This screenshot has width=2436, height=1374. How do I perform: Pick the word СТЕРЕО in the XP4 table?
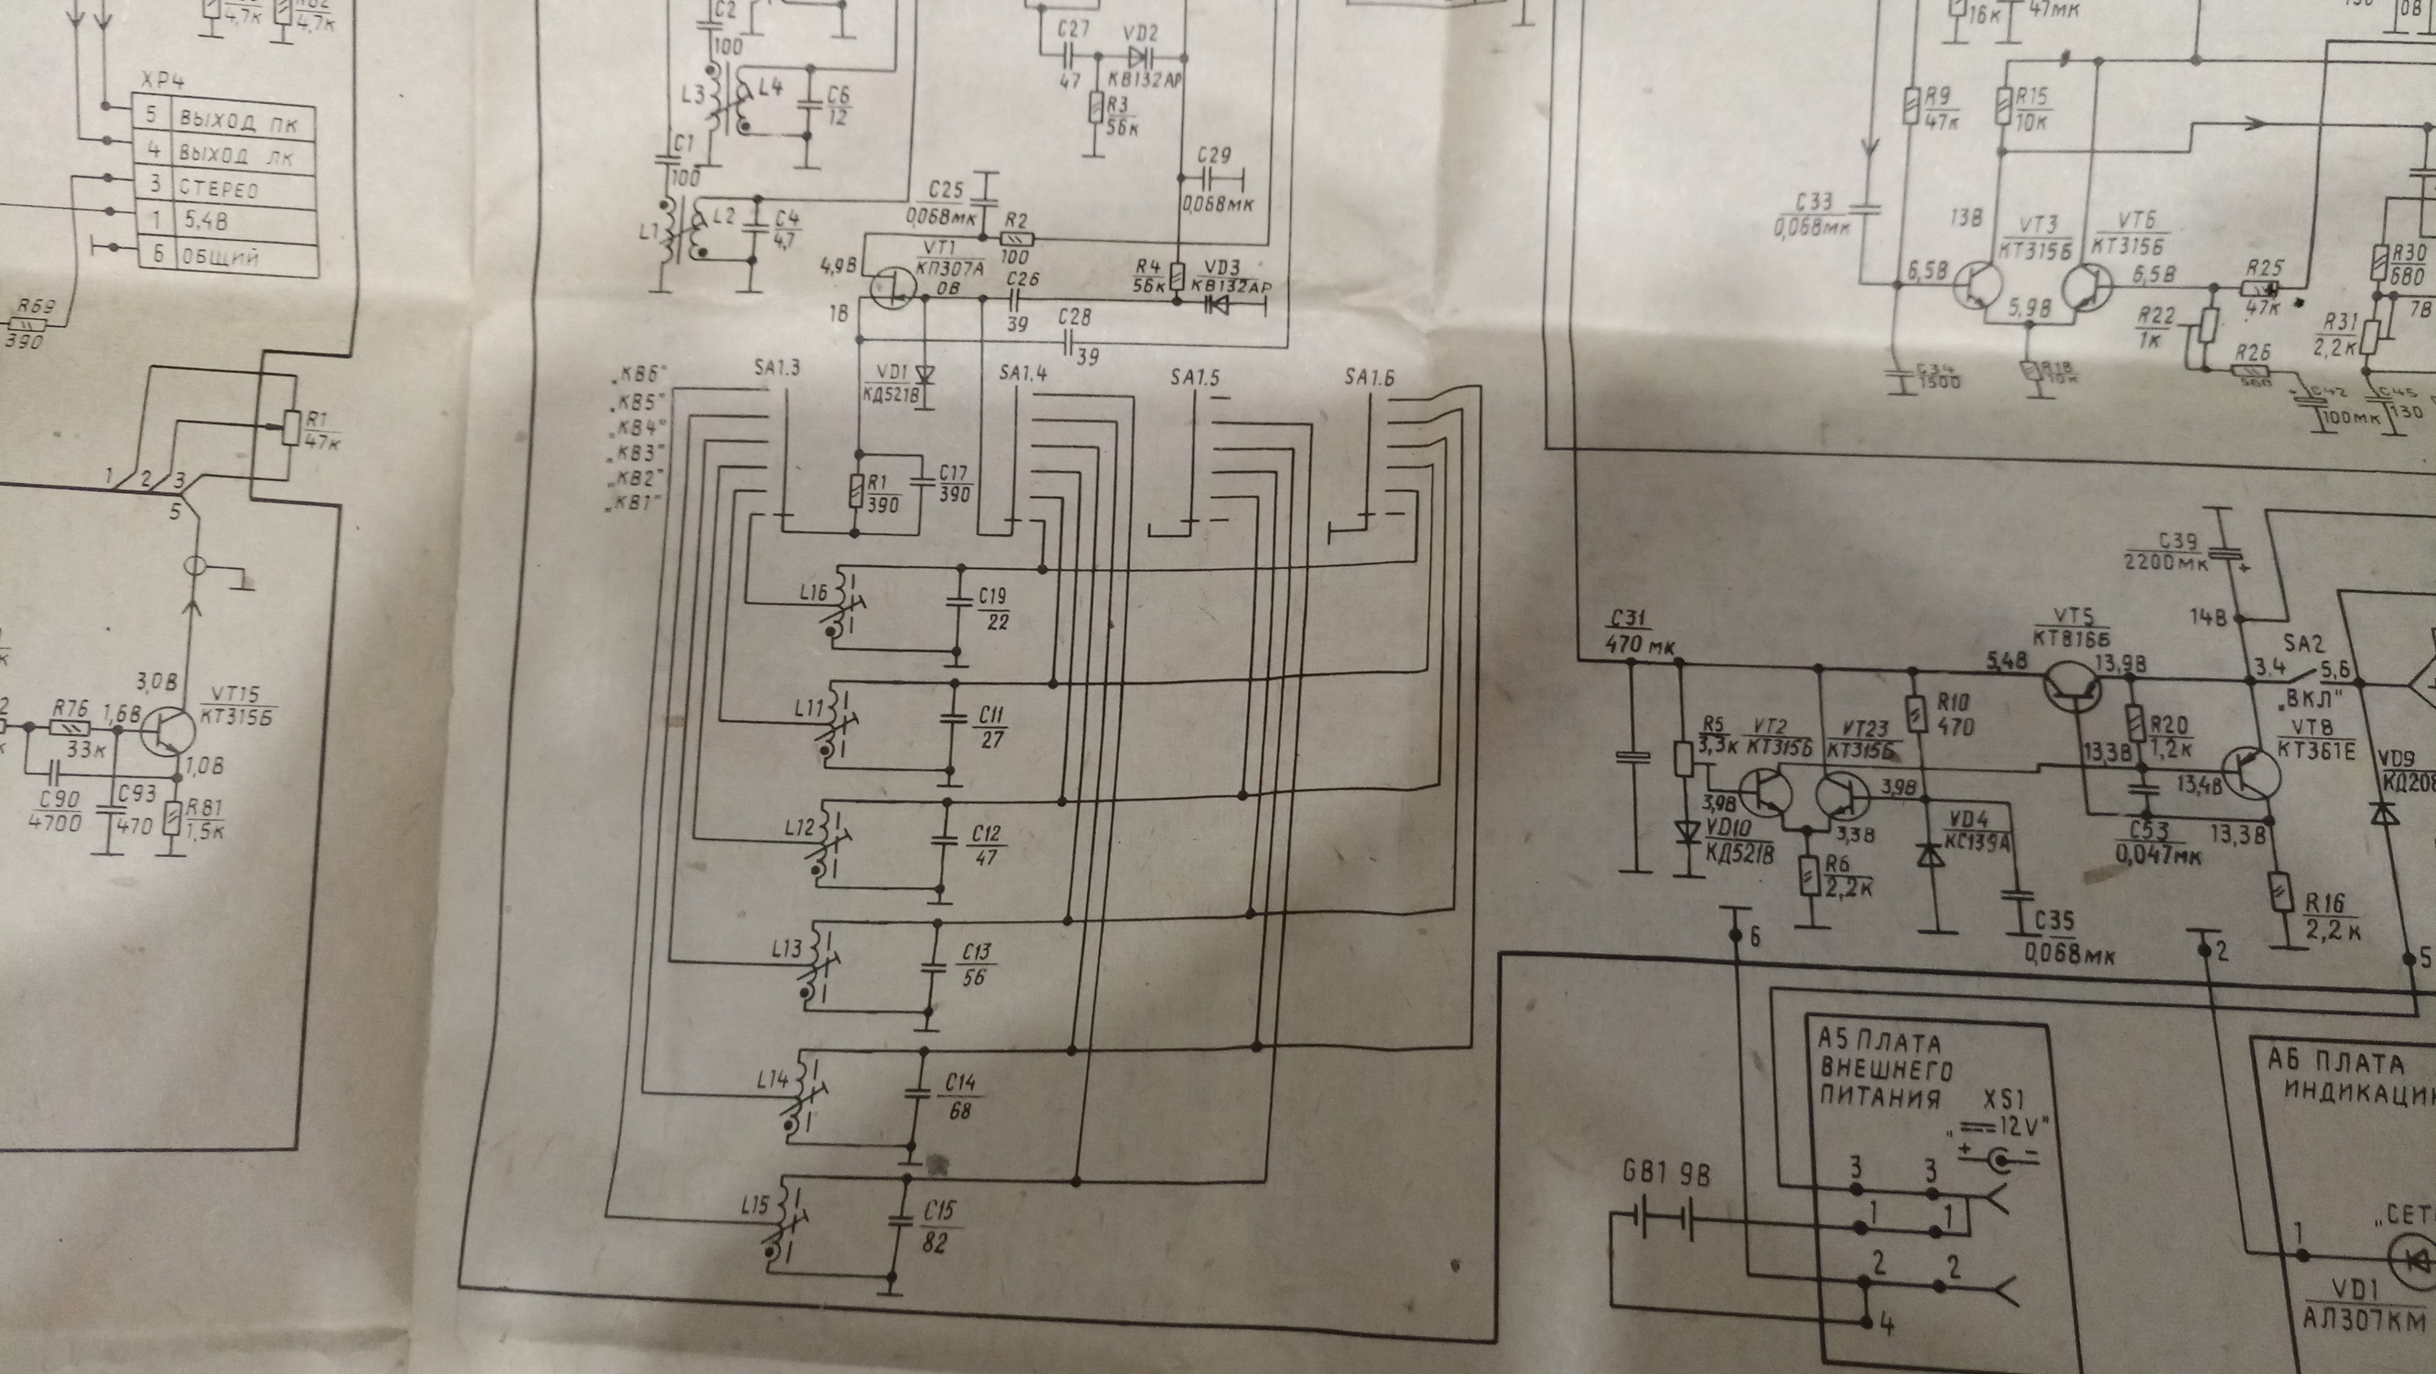click(219, 188)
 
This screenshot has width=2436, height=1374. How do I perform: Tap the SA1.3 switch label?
click(777, 367)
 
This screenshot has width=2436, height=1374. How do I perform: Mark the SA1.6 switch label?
click(1369, 378)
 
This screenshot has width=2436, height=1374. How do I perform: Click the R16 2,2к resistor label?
click(2328, 915)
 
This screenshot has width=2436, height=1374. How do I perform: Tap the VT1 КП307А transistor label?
click(951, 256)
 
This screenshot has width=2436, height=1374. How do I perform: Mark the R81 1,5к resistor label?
click(203, 819)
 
